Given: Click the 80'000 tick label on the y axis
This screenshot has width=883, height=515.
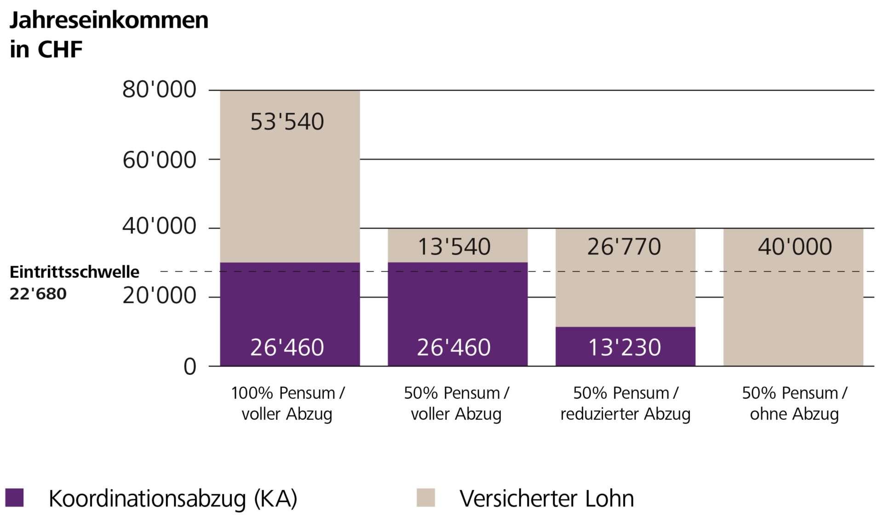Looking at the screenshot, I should (x=159, y=90).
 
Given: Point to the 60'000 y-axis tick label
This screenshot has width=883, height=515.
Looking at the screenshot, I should (x=159, y=160).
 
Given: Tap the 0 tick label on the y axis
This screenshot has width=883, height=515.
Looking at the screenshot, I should (x=189, y=367).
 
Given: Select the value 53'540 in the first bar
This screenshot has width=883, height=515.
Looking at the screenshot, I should (x=287, y=122).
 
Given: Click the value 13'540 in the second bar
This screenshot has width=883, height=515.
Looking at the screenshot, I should (x=454, y=247).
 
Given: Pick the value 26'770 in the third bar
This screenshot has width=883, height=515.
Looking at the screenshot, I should (x=624, y=247).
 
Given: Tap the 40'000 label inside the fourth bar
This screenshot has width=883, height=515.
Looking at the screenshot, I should (x=795, y=247).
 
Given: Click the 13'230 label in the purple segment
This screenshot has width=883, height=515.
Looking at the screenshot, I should (x=625, y=347).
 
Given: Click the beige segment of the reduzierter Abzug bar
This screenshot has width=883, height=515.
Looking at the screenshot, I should (x=625, y=290).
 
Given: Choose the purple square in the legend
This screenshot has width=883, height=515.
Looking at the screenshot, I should (x=14, y=498).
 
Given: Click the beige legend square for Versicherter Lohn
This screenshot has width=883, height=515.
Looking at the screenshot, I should (x=425, y=498).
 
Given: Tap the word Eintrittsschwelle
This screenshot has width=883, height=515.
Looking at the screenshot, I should (x=75, y=272).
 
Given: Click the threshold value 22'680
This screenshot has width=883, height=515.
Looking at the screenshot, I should (x=38, y=294).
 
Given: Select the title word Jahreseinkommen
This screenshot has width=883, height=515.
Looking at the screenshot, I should (x=109, y=21).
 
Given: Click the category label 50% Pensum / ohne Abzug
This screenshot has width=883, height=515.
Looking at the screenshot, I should (x=794, y=403).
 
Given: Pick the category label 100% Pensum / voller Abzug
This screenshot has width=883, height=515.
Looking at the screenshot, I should (x=287, y=403).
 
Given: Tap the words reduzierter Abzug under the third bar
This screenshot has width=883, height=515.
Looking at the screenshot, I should (x=625, y=414).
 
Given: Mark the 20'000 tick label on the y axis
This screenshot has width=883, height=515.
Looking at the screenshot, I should (x=159, y=296).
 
